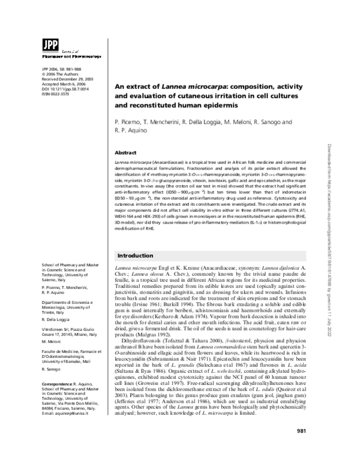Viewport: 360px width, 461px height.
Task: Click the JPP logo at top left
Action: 49,45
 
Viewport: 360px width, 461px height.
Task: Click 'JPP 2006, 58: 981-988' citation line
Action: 63,68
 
